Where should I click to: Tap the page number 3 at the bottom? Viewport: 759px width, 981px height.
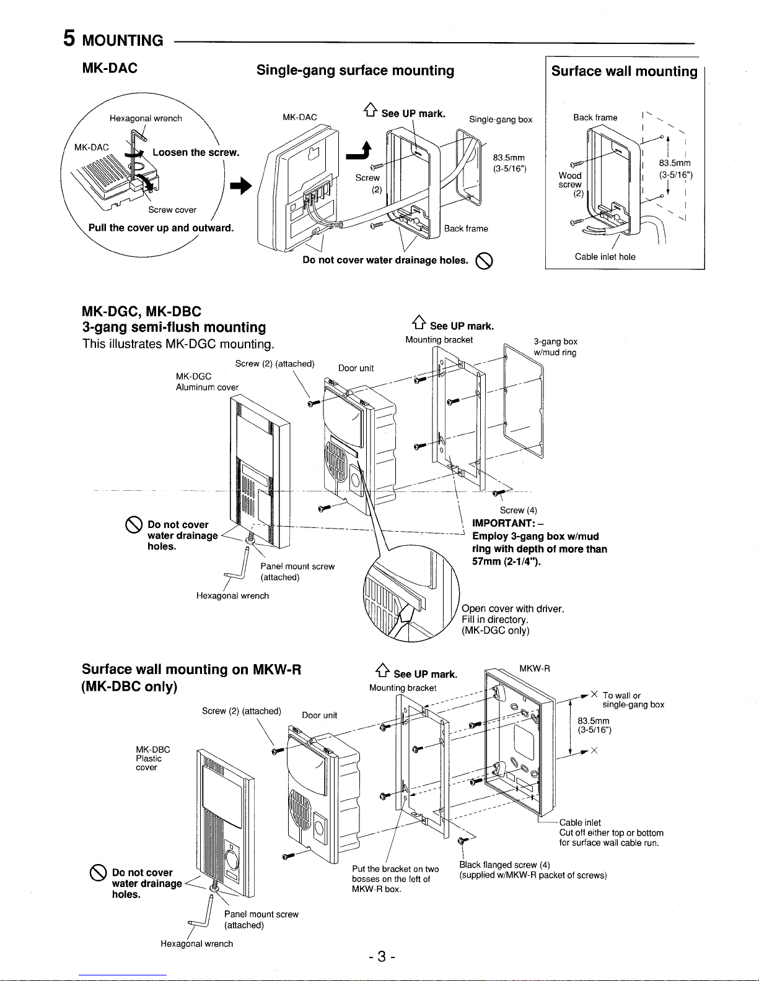click(x=382, y=957)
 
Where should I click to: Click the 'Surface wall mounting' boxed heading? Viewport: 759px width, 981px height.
click(x=624, y=72)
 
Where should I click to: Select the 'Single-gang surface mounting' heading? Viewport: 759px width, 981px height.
click(x=355, y=71)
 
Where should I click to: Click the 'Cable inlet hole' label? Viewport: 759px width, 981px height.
click(x=605, y=257)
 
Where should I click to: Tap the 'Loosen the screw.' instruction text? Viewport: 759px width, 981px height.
click(x=195, y=152)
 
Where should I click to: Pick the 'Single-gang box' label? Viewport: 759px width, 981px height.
click(x=501, y=119)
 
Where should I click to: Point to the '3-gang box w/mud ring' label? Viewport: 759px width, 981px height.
click(x=555, y=347)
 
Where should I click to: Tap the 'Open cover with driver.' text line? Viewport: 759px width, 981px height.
click(x=513, y=608)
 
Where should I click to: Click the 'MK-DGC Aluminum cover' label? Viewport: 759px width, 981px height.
click(x=206, y=382)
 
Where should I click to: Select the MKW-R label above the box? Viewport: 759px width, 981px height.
click(x=535, y=668)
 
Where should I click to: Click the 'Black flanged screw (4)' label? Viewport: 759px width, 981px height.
click(x=505, y=865)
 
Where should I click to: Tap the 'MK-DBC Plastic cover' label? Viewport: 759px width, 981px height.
click(x=149, y=758)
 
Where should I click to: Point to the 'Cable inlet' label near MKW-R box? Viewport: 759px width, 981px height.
click(x=580, y=823)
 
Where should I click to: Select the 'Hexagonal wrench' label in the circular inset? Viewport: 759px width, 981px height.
click(x=146, y=118)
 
